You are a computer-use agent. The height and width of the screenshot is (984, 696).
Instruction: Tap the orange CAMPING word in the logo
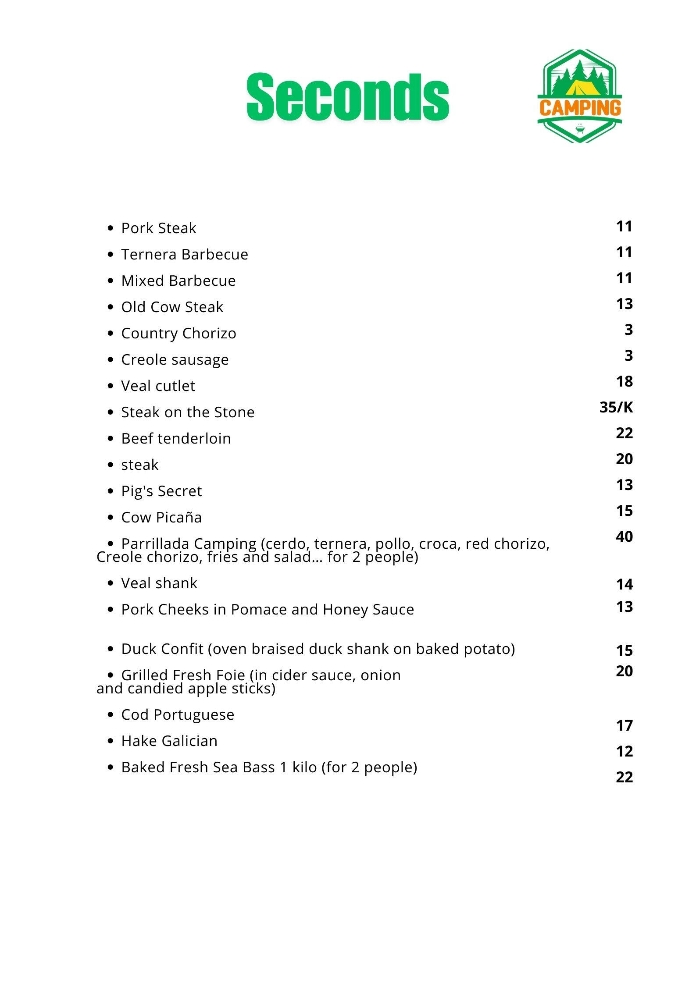pyautogui.click(x=580, y=108)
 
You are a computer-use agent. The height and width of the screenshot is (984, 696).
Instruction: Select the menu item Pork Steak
pyautogui.click(x=158, y=228)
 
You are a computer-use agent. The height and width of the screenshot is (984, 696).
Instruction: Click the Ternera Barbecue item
pyautogui.click(x=184, y=255)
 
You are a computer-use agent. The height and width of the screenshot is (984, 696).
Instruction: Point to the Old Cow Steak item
pyautogui.click(x=172, y=307)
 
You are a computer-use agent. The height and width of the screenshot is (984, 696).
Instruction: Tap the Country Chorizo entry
pyautogui.click(x=178, y=334)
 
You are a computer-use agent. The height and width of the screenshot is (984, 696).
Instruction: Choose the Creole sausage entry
pyautogui.click(x=175, y=360)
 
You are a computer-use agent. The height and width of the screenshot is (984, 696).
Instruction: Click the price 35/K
pyautogui.click(x=616, y=408)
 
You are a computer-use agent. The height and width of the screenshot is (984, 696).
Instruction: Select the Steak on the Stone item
pyautogui.click(x=188, y=412)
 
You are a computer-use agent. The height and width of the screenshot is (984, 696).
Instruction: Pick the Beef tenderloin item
pyautogui.click(x=176, y=439)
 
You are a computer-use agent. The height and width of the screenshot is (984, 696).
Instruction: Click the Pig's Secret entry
pyautogui.click(x=161, y=491)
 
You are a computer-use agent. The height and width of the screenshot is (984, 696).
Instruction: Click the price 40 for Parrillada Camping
pyautogui.click(x=624, y=536)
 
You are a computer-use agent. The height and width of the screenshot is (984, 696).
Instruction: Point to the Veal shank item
pyautogui.click(x=159, y=583)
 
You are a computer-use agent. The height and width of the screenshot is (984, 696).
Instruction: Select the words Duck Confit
pyautogui.click(x=162, y=649)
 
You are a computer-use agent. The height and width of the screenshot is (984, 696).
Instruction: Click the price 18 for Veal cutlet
pyautogui.click(x=624, y=382)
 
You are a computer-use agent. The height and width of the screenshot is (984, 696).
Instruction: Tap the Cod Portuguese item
pyautogui.click(x=178, y=715)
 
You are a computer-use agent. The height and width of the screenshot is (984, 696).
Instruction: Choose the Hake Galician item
pyautogui.click(x=169, y=741)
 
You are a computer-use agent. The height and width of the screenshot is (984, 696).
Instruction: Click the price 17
pyautogui.click(x=624, y=726)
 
